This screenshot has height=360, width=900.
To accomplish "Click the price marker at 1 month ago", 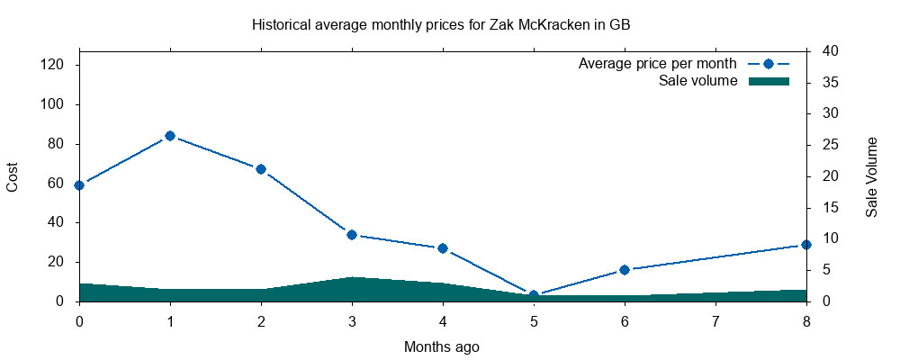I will pos(170,136).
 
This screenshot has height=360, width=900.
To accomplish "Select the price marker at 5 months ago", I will pos(534,295).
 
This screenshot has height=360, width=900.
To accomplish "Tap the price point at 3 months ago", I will pos(352,235).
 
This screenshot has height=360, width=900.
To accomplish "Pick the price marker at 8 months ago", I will pos(806,245).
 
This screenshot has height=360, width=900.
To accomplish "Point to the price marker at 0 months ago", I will pos(79,185).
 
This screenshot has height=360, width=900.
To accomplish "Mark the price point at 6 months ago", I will pos(625,270).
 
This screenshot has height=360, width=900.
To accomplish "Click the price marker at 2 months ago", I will pos(261,169).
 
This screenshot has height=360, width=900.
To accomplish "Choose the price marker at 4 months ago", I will pos(443,248).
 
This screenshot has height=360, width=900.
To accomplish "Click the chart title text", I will pos(441,24).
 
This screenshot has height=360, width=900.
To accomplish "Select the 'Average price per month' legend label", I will pos(658,64).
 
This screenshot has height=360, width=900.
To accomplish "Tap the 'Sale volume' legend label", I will pos(698,82).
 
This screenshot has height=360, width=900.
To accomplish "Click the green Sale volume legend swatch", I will pos(769,82).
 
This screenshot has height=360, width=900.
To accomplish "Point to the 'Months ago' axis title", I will pos(442,346).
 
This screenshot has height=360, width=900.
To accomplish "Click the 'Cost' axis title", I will pos(13,176).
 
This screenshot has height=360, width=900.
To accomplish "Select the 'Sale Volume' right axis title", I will pos(872,177).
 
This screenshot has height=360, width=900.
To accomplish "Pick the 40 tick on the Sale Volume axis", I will pos(824,51).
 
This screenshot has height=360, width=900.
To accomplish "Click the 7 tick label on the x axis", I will pos(715,320).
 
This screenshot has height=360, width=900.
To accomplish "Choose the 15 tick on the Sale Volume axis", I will pos(824,208).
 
